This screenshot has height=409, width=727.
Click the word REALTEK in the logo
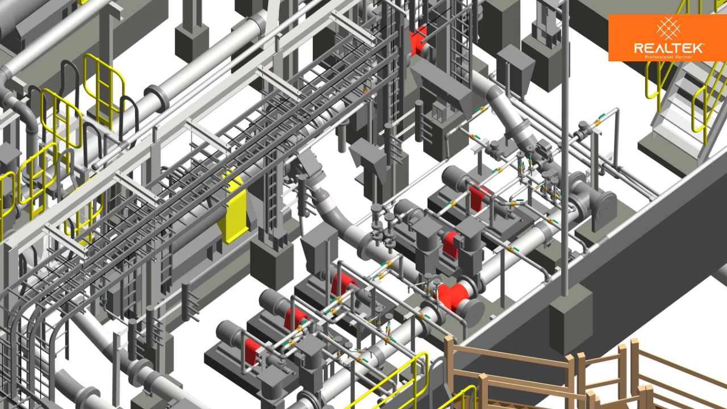pos(668,48)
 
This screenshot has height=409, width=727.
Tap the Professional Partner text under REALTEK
pos(668,57)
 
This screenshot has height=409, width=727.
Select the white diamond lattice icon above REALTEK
pos(668,28)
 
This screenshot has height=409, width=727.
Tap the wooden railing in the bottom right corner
pos(584,373)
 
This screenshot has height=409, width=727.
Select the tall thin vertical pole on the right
pos(565,146)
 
